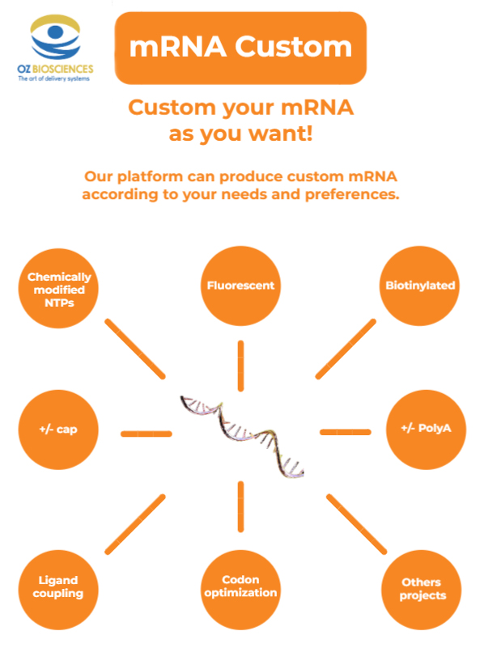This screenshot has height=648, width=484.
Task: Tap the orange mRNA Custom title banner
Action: [x=240, y=48]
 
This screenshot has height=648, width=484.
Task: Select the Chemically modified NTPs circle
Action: [x=59, y=286]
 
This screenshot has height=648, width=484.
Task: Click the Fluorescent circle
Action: [x=240, y=286]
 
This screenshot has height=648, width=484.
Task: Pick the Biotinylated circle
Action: [x=421, y=286]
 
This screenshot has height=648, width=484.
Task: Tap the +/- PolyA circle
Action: [x=421, y=429]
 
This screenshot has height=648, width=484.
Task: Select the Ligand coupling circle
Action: [x=59, y=588]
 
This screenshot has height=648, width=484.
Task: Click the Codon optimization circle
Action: [x=240, y=587]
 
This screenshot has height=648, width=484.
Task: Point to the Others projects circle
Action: [x=421, y=589]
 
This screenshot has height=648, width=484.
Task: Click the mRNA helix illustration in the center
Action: [x=241, y=434]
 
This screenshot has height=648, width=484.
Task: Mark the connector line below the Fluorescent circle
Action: [x=240, y=366]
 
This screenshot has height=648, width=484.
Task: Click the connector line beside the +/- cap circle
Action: [x=146, y=434]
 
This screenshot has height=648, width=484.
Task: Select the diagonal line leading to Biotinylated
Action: [x=346, y=349]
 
